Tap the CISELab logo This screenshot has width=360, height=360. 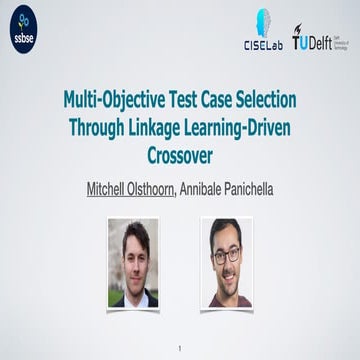click(262, 30)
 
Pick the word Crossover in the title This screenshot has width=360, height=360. click(181, 154)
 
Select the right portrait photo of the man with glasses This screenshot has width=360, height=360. click(226, 262)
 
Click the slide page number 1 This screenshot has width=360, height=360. click(180, 347)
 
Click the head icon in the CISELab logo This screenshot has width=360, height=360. click(263, 21)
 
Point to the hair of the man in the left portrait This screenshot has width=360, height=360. click(134, 233)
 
